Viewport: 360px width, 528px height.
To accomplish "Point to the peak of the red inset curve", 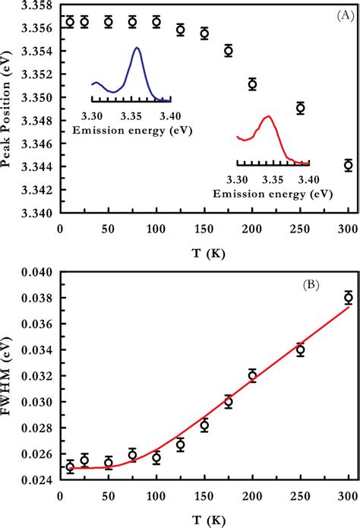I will [x=268, y=116].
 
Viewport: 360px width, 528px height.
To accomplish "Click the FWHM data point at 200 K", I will [x=252, y=375].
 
